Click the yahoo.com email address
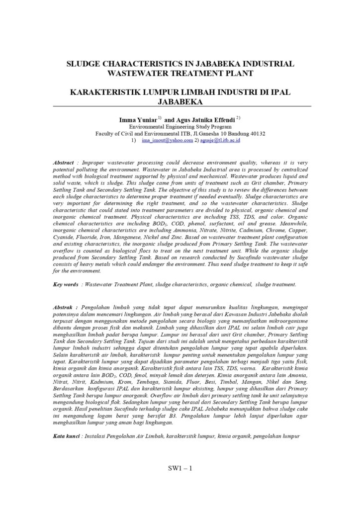[x=167, y=141]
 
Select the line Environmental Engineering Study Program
[x=180, y=127]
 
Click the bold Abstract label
[x=63, y=163]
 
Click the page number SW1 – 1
[x=180, y=468]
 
